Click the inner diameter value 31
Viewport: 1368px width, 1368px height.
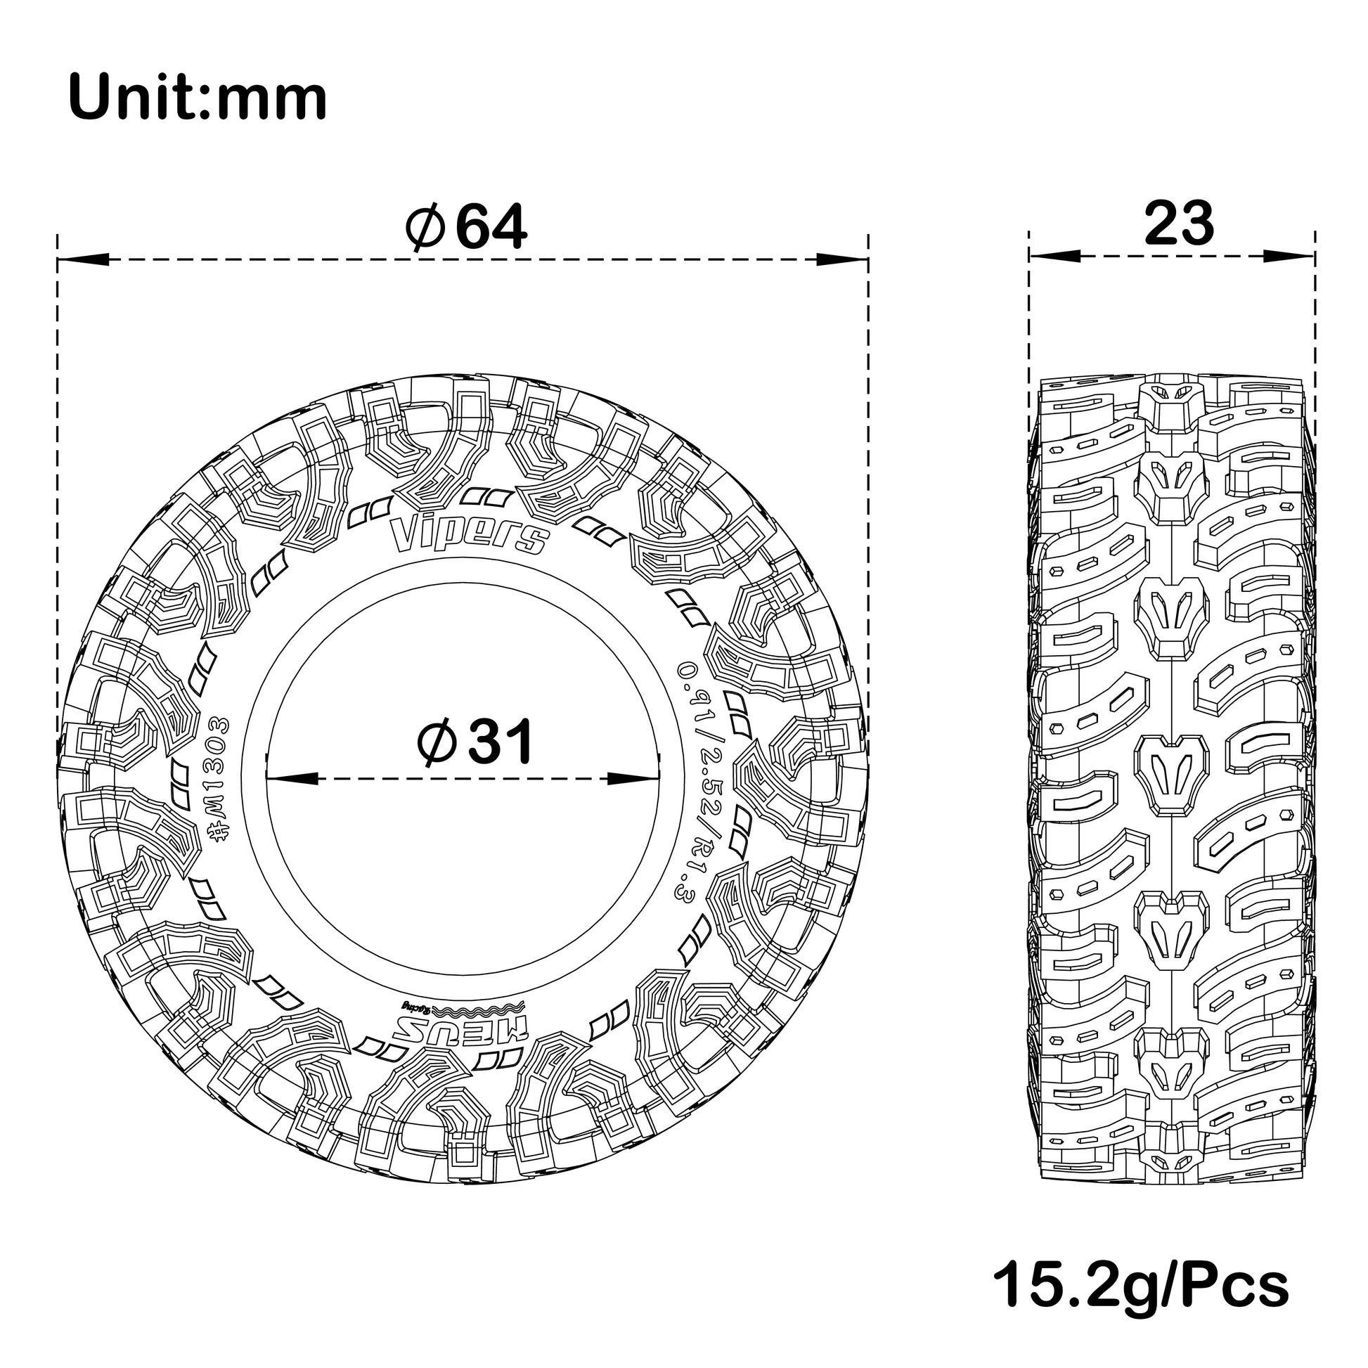[501, 742]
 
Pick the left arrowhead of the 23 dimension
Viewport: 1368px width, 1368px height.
[1054, 256]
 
